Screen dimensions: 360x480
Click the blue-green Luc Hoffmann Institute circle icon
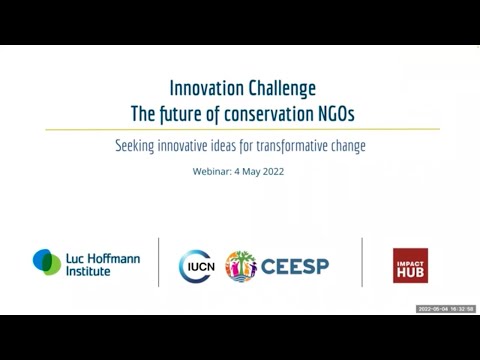pyautogui.click(x=47, y=262)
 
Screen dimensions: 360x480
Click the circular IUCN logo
pyautogui.click(x=195, y=266)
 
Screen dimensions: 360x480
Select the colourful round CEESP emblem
pyautogui.click(x=241, y=266)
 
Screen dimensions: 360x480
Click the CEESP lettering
pyautogui.click(x=294, y=266)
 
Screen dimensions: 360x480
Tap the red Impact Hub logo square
pyautogui.click(x=410, y=265)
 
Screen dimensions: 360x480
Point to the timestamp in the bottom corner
pyautogui.click(x=445, y=309)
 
